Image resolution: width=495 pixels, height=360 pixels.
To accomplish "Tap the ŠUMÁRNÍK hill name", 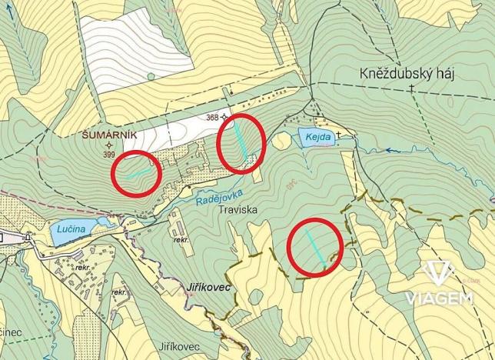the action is click(108, 134).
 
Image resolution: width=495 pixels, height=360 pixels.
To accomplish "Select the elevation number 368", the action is click(212, 118).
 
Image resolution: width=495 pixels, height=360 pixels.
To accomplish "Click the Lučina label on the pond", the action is click(72, 228).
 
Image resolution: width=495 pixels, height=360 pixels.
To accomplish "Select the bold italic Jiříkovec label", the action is click(208, 286).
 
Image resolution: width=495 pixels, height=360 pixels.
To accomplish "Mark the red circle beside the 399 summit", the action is click(137, 172).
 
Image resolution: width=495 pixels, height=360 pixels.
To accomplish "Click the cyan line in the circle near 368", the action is click(241, 142).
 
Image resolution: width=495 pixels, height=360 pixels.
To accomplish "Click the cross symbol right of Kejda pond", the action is click(338, 136).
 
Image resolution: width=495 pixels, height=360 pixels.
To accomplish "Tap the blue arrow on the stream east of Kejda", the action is click(390, 151).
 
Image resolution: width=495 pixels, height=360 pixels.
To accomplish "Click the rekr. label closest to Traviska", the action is click(181, 239).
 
